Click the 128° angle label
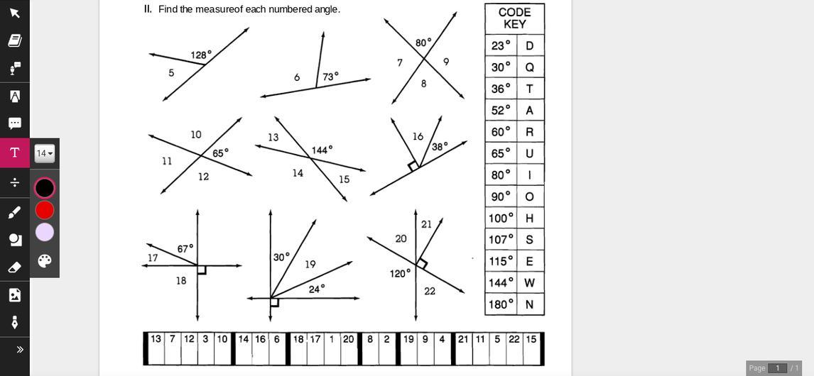201,55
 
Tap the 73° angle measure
330,77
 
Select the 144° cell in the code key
501,282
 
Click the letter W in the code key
529,282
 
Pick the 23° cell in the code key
501,45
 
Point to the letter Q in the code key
529,67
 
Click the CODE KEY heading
514,18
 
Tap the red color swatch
45,210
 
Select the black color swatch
45,188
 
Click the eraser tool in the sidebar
14,267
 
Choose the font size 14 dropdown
45,153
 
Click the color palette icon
45,260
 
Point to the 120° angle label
400,273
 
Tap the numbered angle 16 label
418,136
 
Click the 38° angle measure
440,147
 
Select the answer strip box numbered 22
514,349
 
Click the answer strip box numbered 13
156,349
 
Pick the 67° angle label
185,249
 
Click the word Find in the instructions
168,9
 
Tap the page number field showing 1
777,367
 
